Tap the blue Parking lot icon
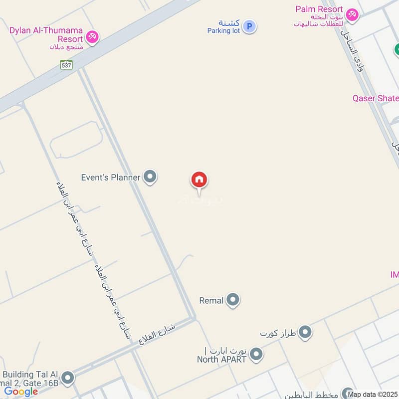(x=250, y=26)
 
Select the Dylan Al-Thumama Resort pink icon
(x=92, y=37)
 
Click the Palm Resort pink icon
(x=352, y=15)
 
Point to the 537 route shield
(x=66, y=64)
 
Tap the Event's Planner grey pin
(x=150, y=177)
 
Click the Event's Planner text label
(x=111, y=177)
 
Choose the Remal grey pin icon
(x=232, y=300)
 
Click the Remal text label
(x=211, y=301)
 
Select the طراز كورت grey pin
(x=305, y=332)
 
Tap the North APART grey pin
(x=256, y=355)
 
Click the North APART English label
(x=221, y=359)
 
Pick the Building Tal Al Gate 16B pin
(x=68, y=378)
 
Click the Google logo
(x=21, y=392)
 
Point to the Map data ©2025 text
(x=373, y=395)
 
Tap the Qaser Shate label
(x=376, y=98)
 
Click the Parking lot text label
(x=223, y=30)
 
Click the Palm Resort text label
(x=319, y=9)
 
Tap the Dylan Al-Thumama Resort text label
(x=45, y=34)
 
